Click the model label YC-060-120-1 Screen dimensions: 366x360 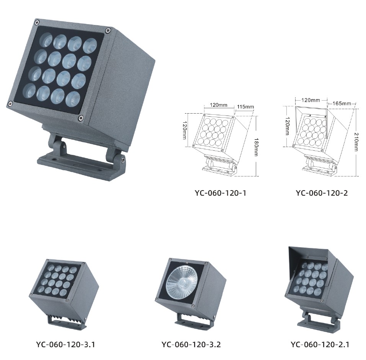(221, 193)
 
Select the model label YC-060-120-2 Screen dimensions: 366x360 (322, 193)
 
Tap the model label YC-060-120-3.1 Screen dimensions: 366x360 (65, 344)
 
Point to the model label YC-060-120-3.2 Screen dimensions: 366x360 (191, 344)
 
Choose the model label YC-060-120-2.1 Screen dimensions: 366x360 (320, 344)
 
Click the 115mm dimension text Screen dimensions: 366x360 (245, 107)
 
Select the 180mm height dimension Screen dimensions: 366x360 (256, 147)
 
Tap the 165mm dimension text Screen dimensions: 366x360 (342, 103)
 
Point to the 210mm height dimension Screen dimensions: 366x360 (356, 142)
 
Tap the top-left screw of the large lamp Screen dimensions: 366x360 (37, 23)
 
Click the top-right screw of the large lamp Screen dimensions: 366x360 (108, 30)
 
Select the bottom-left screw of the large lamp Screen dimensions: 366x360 (10, 104)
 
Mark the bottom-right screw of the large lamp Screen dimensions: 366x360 (81, 118)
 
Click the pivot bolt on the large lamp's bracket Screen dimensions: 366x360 (122, 160)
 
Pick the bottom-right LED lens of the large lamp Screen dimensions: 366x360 (73, 98)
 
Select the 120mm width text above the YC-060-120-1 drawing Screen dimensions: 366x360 (219, 105)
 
